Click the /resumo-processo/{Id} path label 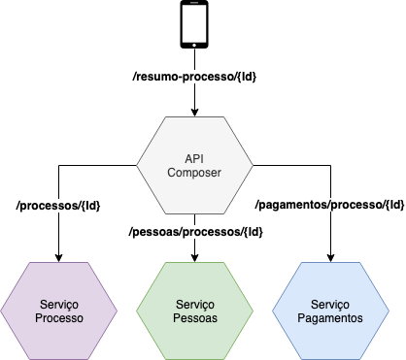click(x=195, y=76)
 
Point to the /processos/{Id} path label click(x=59, y=206)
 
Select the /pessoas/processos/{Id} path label click(x=196, y=232)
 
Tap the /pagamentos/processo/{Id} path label click(x=329, y=205)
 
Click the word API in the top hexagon click(x=194, y=158)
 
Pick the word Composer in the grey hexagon click(x=194, y=173)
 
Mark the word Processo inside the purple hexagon click(x=58, y=318)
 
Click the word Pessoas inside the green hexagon click(x=194, y=318)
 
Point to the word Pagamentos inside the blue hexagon click(x=330, y=318)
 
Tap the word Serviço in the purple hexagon click(x=58, y=305)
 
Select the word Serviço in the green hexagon click(x=194, y=305)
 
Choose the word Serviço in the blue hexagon click(x=330, y=305)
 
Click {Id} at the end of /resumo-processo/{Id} click(x=246, y=76)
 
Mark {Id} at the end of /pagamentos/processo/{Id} click(x=393, y=205)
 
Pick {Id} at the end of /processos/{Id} click(x=89, y=206)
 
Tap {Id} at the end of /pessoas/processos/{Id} click(x=252, y=232)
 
